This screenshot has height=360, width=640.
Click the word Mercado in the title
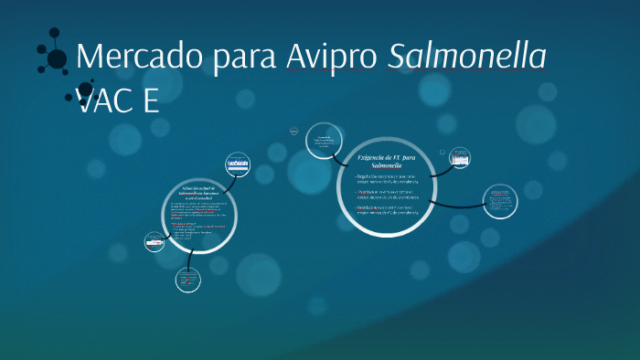coord(140,57)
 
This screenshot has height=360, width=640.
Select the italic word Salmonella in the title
coord(467,57)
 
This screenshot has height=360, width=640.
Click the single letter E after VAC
coord(150,100)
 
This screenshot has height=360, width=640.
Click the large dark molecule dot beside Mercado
coord(57,59)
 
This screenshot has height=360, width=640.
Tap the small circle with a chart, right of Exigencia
coord(460,159)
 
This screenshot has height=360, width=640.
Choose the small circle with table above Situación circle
coord(238,165)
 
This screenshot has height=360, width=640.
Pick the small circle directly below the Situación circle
coord(187,280)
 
